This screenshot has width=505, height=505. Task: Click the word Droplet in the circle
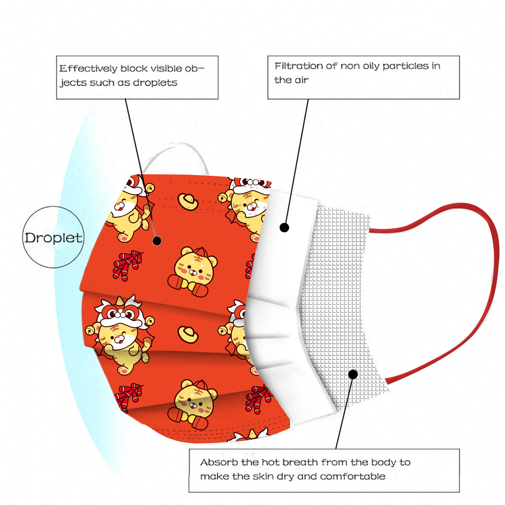[53, 238]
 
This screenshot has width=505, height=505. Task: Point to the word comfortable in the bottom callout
[353, 476]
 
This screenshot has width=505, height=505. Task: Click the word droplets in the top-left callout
[155, 83]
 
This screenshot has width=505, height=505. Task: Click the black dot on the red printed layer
[157, 241]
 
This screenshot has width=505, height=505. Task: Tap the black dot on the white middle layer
[284, 227]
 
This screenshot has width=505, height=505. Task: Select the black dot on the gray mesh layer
[353, 374]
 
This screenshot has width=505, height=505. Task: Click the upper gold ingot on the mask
[188, 201]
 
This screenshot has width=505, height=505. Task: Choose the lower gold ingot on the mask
[188, 335]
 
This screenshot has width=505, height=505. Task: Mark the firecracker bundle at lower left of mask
[127, 397]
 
